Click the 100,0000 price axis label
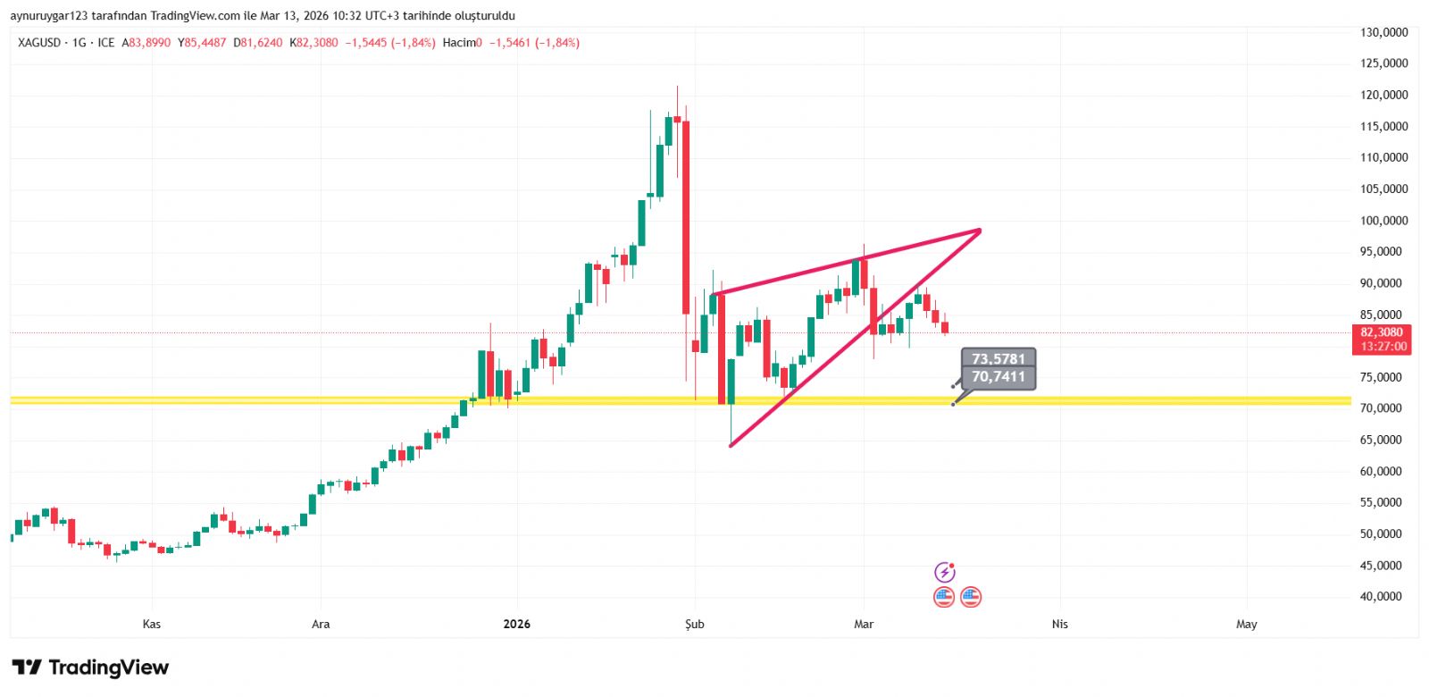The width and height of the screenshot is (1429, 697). (x=1383, y=221)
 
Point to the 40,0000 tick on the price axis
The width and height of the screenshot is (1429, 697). (x=1383, y=597)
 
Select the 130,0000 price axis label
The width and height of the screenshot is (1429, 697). (x=1383, y=32)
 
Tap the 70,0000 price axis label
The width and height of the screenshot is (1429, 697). (x=1383, y=408)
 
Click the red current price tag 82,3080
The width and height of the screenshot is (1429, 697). (x=1382, y=332)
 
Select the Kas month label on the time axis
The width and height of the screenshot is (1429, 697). (x=152, y=625)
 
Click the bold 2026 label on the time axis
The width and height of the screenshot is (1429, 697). (x=516, y=625)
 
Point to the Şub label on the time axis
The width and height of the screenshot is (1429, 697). (x=694, y=625)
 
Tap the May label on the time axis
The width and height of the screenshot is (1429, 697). (x=1246, y=625)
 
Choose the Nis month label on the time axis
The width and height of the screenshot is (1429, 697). (x=1059, y=625)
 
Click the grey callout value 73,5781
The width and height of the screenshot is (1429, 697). (x=999, y=359)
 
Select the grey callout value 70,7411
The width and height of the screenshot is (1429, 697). (x=999, y=377)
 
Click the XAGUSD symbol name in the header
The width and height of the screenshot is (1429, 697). (x=39, y=43)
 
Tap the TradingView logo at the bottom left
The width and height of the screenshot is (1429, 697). (x=90, y=668)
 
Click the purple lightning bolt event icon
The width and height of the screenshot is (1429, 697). (x=944, y=572)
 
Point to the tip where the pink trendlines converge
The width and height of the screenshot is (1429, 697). (x=980, y=231)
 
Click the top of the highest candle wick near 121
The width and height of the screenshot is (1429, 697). (x=677, y=87)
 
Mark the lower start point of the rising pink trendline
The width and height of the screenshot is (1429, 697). (x=731, y=446)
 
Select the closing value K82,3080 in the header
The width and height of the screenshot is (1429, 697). (x=313, y=43)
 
